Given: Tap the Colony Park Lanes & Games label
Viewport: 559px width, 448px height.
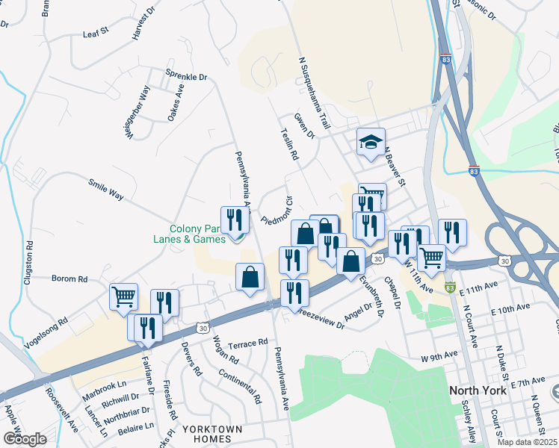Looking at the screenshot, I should pyautogui.click(x=197, y=234).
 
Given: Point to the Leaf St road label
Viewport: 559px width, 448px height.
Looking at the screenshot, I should pyautogui.click(x=96, y=34).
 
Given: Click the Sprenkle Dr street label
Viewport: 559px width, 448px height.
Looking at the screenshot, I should pyautogui.click(x=186, y=77).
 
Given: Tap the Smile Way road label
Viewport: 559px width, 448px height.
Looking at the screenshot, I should pyautogui.click(x=105, y=188).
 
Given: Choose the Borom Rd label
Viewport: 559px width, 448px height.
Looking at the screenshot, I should pyautogui.click(x=70, y=279).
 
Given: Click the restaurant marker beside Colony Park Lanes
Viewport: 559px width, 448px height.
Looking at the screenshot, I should pyautogui.click(x=235, y=220).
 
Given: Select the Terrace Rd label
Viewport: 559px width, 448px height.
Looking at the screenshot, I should pyautogui.click(x=247, y=343).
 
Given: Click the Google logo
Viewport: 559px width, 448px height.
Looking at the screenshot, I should pyautogui.click(x=25, y=438).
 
